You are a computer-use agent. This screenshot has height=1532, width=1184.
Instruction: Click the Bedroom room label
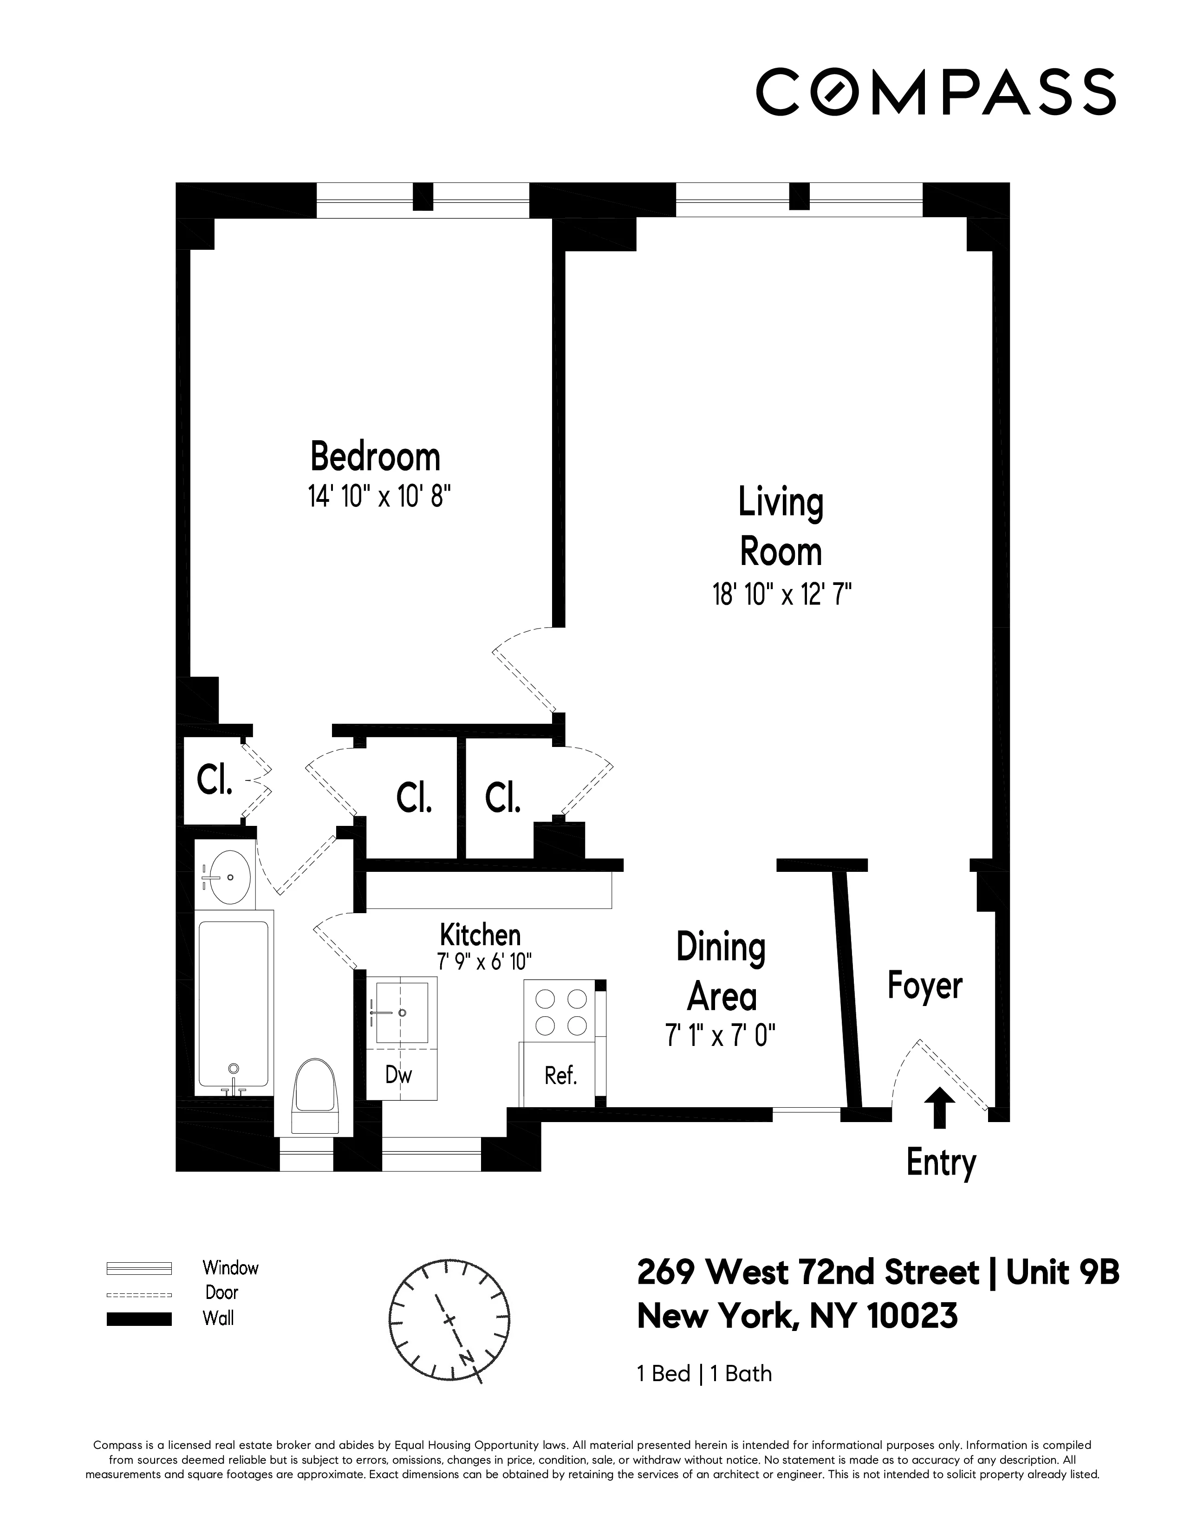click(x=375, y=457)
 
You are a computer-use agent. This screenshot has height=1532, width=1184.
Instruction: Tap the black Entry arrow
click(x=939, y=1107)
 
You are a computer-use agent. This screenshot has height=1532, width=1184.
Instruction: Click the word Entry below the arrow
click(x=941, y=1162)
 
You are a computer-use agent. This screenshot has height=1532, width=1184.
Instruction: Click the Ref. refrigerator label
click(x=560, y=1075)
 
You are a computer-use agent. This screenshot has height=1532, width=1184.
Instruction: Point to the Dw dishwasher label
click(x=398, y=1074)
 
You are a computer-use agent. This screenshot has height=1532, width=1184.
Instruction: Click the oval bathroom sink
click(x=226, y=877)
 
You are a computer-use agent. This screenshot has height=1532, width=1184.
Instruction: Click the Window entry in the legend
click(x=230, y=1267)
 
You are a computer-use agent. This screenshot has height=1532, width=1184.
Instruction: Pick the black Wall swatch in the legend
click(x=139, y=1319)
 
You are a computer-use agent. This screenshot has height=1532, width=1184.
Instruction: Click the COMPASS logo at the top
click(x=935, y=92)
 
